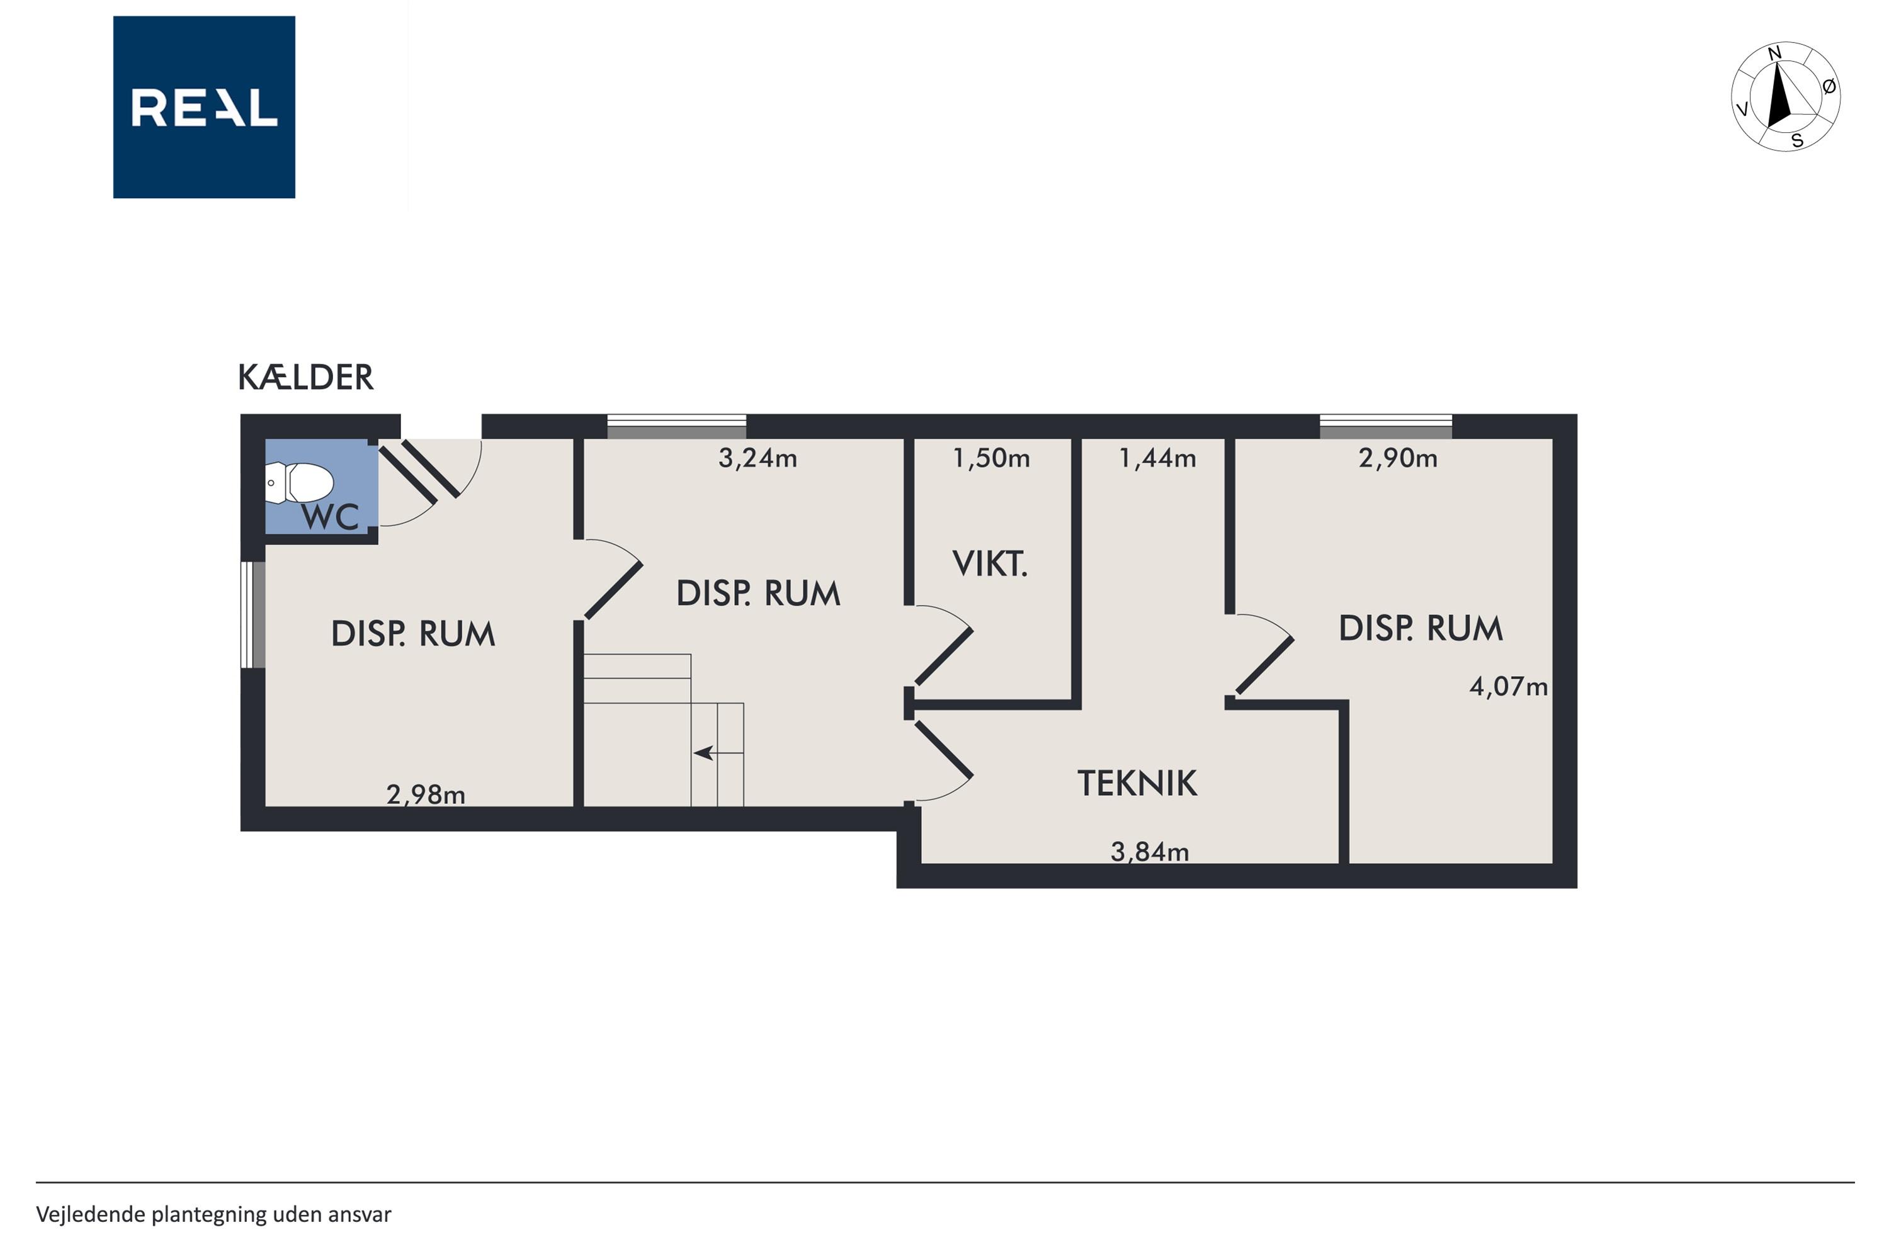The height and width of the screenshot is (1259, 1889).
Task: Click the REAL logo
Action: [x=204, y=107]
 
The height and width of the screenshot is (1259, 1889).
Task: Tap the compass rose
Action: [x=1785, y=97]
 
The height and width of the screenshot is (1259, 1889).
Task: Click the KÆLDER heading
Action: [x=305, y=377]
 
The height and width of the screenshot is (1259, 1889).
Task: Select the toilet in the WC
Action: [x=298, y=483]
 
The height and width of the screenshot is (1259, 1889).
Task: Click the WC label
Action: [x=330, y=517]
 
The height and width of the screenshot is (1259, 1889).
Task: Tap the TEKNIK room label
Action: [x=1137, y=783]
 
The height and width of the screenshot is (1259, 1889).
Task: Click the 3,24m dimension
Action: [x=757, y=458]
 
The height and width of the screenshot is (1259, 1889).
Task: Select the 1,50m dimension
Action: [x=991, y=458]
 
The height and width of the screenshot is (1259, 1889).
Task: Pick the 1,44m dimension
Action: [x=1157, y=458]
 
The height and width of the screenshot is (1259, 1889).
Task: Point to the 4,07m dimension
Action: [x=1508, y=687]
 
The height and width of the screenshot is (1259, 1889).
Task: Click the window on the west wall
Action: [x=253, y=614]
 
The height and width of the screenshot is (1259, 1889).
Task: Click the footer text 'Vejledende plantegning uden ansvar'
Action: [x=213, y=1215]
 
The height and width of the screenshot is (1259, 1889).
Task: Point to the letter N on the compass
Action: [x=1775, y=54]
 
